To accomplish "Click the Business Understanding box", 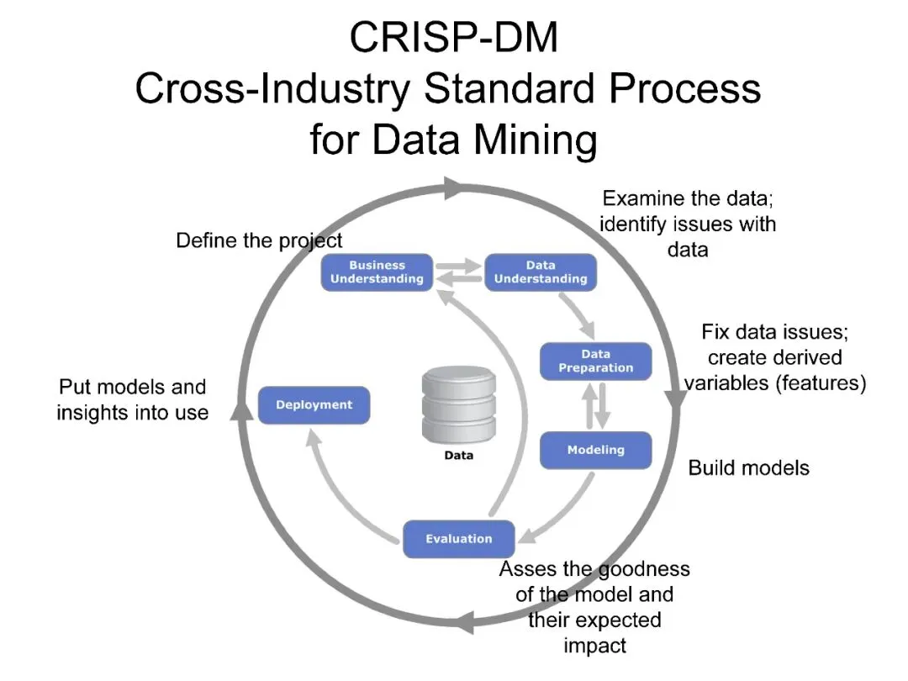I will [x=377, y=272].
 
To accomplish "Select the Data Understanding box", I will [x=540, y=272].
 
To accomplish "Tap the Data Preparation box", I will [x=595, y=361].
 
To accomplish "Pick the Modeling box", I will [x=595, y=450].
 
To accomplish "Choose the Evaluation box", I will [x=458, y=539].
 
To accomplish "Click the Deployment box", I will [x=314, y=404].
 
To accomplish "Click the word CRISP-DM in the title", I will [x=453, y=38].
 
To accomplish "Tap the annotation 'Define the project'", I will [x=259, y=241].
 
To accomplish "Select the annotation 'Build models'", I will [x=748, y=468].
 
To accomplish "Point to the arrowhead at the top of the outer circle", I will [x=453, y=187].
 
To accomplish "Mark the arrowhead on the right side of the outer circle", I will [x=677, y=395].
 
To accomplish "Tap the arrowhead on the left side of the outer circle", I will [x=241, y=409].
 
